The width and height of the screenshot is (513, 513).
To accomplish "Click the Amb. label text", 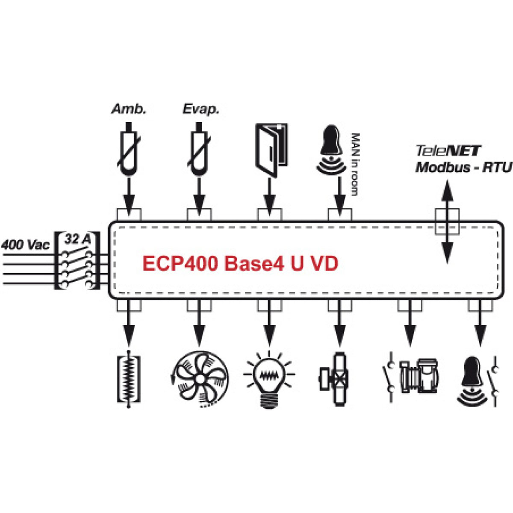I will pyautogui.click(x=129, y=109).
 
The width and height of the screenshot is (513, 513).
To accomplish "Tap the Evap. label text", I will pyautogui.click(x=200, y=109).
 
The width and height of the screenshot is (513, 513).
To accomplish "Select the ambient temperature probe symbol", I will pyautogui.click(x=129, y=149).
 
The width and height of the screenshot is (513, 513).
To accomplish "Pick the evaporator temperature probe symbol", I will pyautogui.click(x=199, y=149).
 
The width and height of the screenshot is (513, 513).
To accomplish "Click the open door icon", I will pyautogui.click(x=271, y=149).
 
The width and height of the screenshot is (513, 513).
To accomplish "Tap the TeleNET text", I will pyautogui.click(x=448, y=151).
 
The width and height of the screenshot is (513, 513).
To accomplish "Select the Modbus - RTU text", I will pyautogui.click(x=464, y=167).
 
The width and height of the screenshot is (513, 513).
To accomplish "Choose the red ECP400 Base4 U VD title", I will pyautogui.click(x=240, y=264).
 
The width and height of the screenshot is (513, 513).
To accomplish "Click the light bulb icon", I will pyautogui.click(x=269, y=378).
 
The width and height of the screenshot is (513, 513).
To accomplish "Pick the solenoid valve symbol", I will pyautogui.click(x=334, y=378).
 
